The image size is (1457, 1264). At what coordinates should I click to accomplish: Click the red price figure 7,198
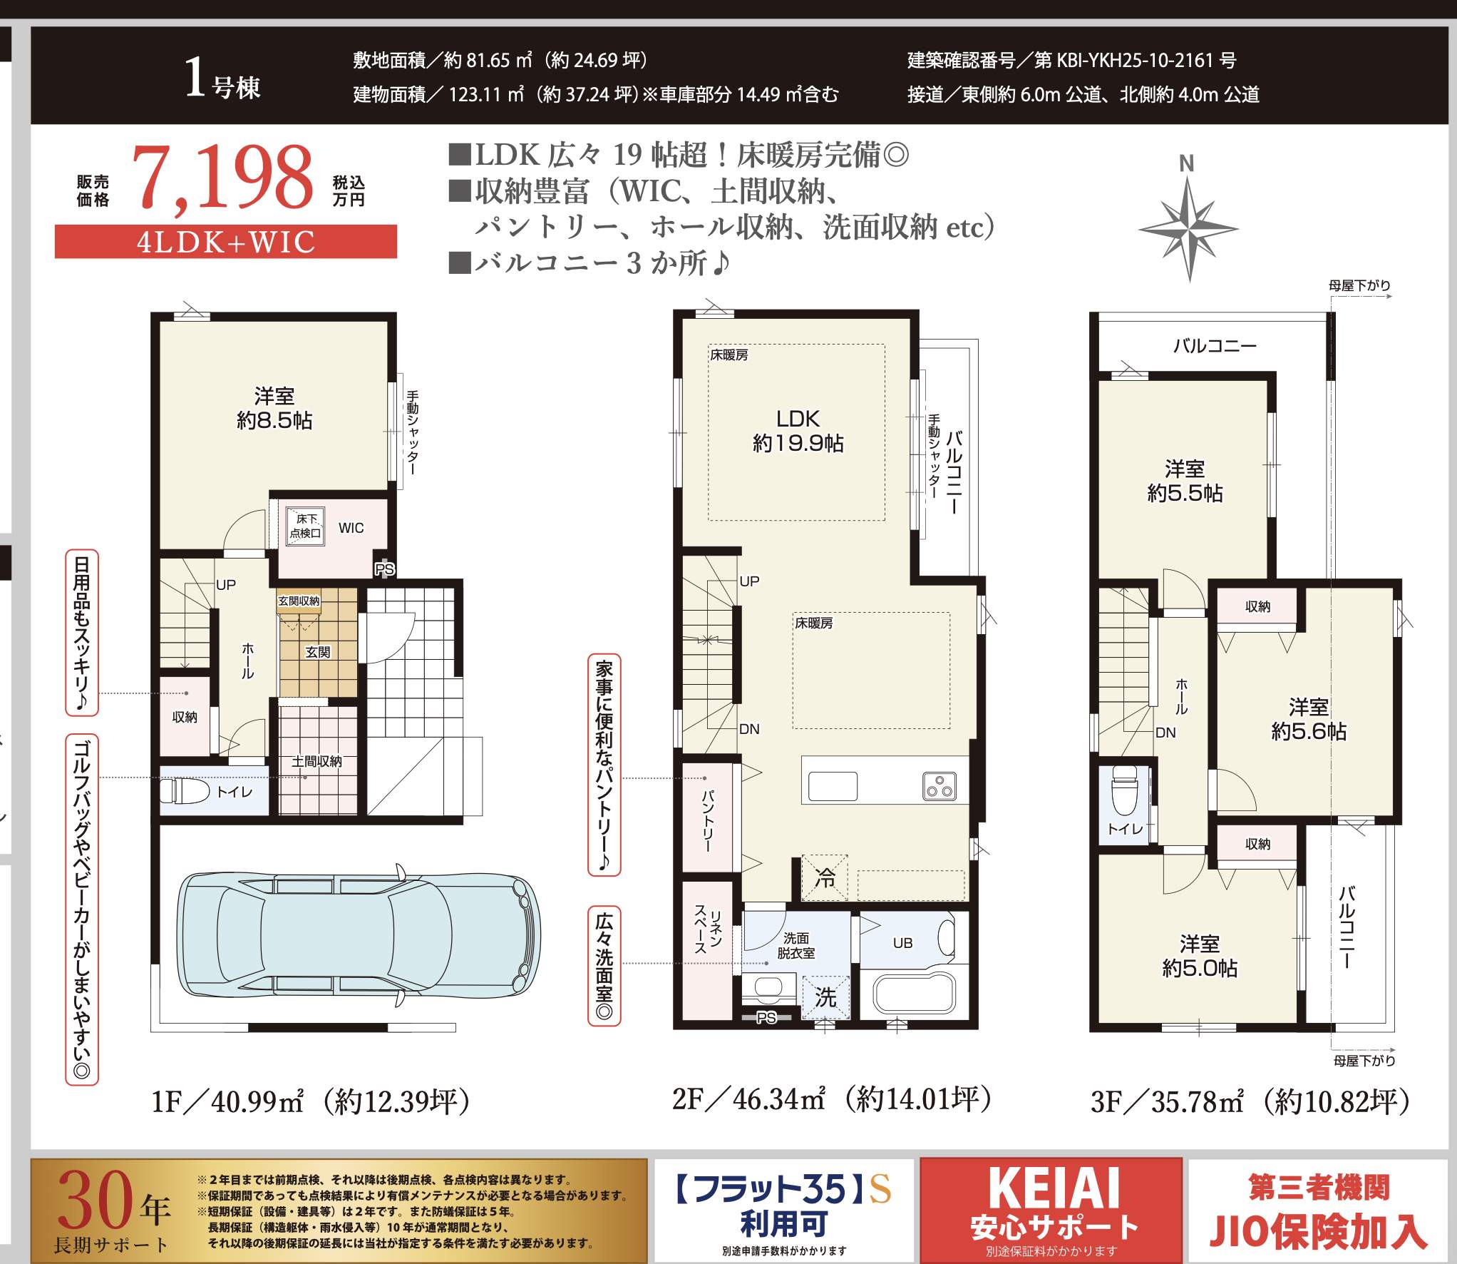(222, 178)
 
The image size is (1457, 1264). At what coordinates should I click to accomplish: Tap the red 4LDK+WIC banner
(226, 241)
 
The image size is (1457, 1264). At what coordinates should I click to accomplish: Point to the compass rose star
(1188, 229)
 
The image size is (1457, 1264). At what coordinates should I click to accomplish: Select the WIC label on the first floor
(351, 528)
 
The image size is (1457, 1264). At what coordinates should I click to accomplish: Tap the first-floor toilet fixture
(185, 791)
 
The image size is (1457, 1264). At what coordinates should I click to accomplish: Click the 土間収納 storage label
(316, 762)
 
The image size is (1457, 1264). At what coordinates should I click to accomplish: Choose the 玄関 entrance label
(317, 652)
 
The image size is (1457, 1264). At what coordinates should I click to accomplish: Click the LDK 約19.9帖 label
(798, 431)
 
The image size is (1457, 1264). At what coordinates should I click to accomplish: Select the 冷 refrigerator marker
(825, 877)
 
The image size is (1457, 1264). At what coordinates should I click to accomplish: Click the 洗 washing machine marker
(825, 997)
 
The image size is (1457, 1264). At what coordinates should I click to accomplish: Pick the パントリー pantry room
(707, 817)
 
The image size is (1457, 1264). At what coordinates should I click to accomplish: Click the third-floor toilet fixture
(1125, 791)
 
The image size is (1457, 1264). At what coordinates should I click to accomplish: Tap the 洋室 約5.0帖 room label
(1199, 956)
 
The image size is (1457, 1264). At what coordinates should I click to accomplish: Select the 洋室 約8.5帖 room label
(274, 408)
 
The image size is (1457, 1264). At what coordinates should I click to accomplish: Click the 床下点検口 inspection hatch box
(305, 526)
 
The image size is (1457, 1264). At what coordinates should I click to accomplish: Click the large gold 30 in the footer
(97, 1201)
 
